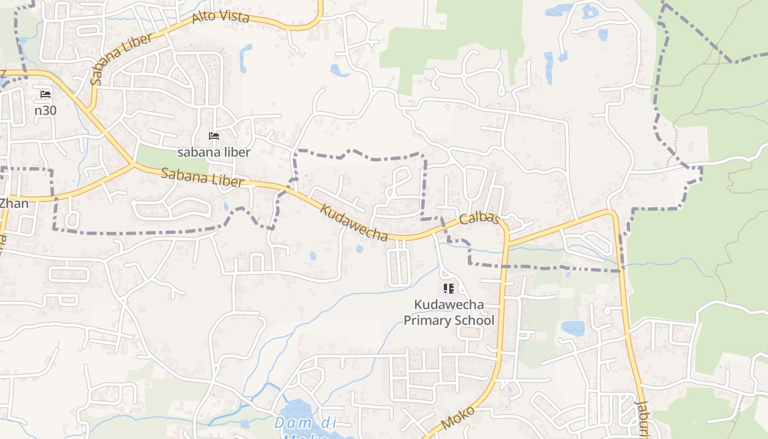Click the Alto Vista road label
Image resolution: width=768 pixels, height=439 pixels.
221,17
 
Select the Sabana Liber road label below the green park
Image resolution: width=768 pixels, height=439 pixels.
202,177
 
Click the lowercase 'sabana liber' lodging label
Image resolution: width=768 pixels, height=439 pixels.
213,152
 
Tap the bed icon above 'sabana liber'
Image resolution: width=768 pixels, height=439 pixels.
214,136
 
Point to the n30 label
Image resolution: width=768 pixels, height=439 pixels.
46,110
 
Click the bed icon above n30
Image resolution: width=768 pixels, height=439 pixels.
46,94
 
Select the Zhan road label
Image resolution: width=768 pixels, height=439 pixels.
14,203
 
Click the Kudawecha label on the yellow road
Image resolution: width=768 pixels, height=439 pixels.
354,222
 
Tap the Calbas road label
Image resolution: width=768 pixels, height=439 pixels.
479,219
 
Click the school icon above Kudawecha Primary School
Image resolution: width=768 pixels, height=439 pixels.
449,288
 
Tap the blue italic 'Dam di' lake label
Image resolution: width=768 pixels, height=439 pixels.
305,423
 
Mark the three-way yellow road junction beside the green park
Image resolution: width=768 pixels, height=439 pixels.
133,164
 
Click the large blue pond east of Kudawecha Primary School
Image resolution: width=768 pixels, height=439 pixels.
572,328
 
